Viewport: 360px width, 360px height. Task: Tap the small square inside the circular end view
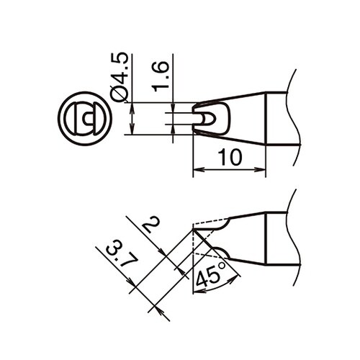click(87, 117)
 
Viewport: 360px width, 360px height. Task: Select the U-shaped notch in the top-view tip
click(206, 117)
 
